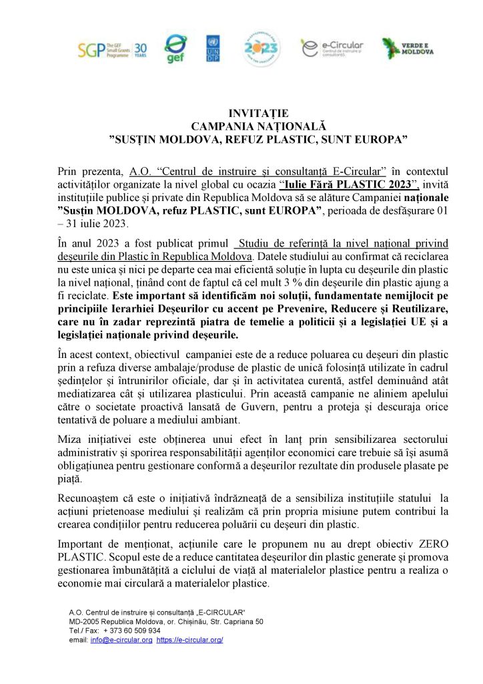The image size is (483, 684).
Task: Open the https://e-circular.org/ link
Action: click(189, 639)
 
